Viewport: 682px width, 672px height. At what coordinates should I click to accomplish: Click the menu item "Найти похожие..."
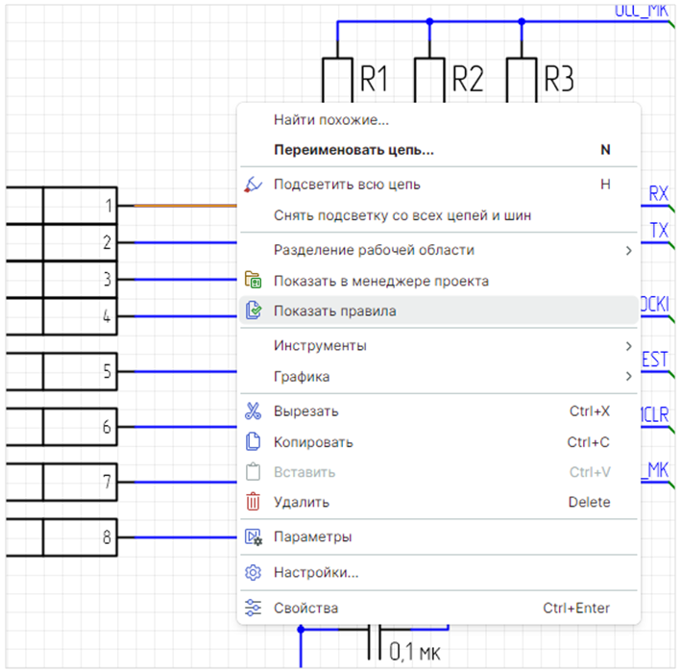(x=330, y=120)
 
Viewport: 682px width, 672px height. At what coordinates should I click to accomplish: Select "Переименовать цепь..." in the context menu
(x=353, y=150)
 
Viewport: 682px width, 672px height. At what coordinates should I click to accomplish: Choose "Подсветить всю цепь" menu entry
(x=346, y=184)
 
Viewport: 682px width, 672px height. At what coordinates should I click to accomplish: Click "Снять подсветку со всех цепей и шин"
(x=402, y=215)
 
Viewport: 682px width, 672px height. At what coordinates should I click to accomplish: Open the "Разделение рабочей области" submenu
(x=374, y=250)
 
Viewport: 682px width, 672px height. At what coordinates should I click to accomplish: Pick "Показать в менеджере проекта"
(x=381, y=281)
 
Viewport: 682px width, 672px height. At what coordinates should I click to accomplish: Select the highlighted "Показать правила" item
(x=334, y=311)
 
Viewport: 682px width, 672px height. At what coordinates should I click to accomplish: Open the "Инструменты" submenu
(x=320, y=345)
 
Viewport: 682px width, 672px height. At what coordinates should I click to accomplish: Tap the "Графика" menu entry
(x=302, y=376)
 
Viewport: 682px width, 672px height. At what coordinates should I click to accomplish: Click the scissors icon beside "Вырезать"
(x=254, y=411)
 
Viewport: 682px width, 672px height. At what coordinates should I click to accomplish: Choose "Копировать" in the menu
(x=313, y=442)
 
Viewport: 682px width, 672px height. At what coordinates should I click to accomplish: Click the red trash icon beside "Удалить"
(x=254, y=501)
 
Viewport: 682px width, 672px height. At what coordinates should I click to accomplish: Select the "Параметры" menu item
(x=312, y=536)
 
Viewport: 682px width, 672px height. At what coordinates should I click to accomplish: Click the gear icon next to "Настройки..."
(x=254, y=573)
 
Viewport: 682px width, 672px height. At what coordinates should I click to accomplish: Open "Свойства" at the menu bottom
(x=305, y=608)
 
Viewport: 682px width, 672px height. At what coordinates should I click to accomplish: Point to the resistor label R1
(x=374, y=79)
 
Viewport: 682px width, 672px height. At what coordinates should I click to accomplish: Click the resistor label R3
(x=558, y=79)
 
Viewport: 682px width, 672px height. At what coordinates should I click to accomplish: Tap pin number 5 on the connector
(x=108, y=371)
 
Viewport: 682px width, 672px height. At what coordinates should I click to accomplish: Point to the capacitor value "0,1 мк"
(x=415, y=654)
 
